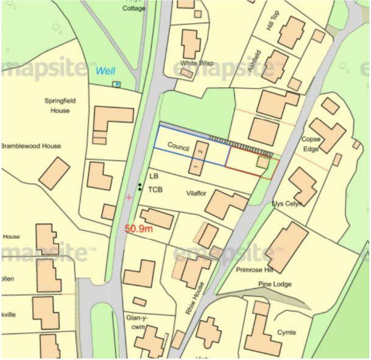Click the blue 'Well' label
(x=105, y=71)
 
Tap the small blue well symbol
(x=117, y=84)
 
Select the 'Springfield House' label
(x=60, y=106)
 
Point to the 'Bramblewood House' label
(x=30, y=146)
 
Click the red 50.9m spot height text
(x=138, y=229)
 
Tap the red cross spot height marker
(x=129, y=197)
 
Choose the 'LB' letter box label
(x=154, y=176)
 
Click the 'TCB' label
(x=155, y=189)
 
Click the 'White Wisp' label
(x=196, y=63)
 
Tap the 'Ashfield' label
(x=255, y=62)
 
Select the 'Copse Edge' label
(x=311, y=144)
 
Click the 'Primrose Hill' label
(x=255, y=269)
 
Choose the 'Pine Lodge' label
(x=275, y=284)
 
